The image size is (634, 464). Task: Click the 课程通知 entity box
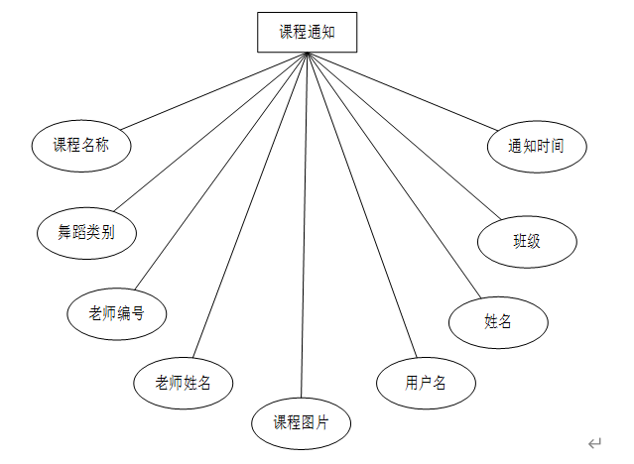click(x=307, y=32)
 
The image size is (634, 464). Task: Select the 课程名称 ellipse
click(x=80, y=146)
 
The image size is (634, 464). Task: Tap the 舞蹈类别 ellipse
click(x=86, y=233)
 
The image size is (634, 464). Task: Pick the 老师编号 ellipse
click(x=116, y=313)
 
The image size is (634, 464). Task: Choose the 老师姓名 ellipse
click(x=184, y=382)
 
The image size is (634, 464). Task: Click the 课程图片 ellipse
click(x=302, y=422)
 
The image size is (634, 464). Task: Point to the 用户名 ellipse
click(x=426, y=382)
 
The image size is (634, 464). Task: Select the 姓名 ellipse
click(x=498, y=321)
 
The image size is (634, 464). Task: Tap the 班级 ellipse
click(x=527, y=241)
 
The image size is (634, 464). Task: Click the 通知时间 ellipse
click(x=537, y=147)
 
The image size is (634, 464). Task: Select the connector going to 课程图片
click(x=305, y=228)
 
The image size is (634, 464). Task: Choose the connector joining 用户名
click(x=360, y=203)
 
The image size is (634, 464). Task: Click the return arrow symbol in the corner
click(x=594, y=443)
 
